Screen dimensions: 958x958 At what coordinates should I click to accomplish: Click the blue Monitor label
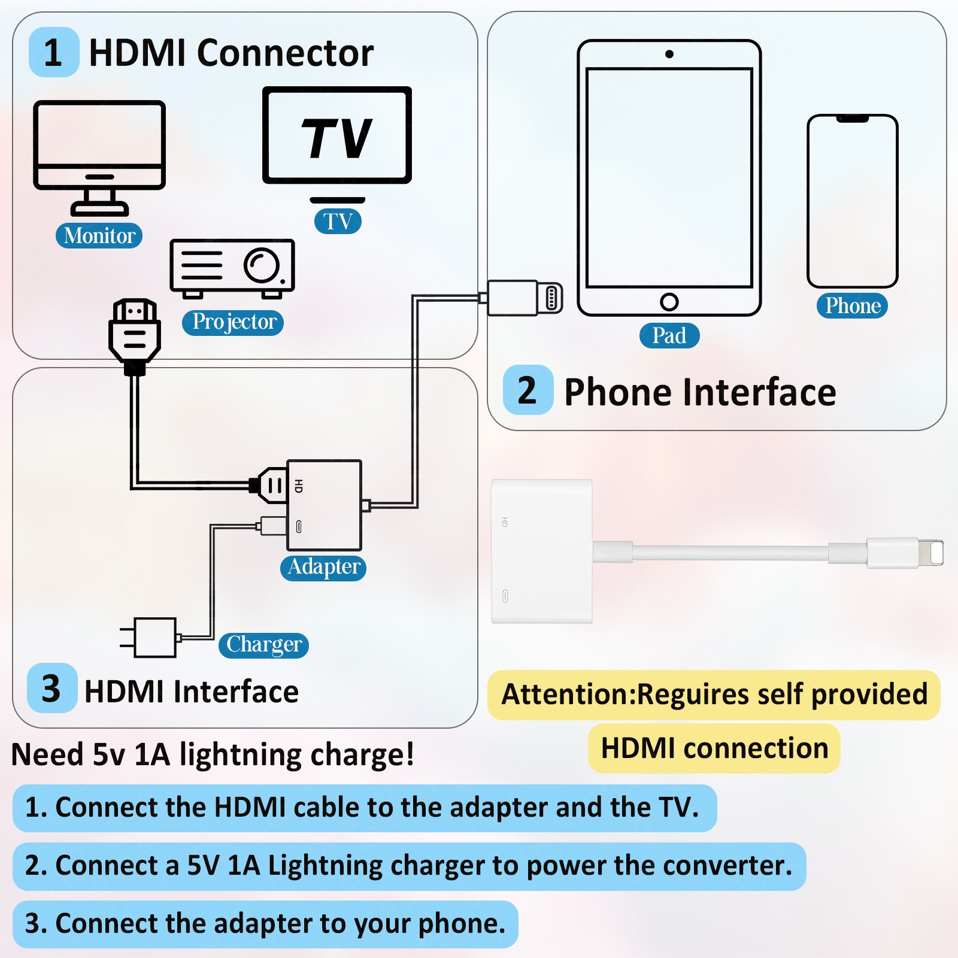pos(99,235)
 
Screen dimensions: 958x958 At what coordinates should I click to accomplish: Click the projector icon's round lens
pos(262,265)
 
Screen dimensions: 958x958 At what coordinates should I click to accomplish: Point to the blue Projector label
pos(233,322)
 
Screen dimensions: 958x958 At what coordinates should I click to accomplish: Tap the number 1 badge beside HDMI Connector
pos(54,52)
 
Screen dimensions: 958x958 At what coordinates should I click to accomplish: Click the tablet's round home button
pos(669,302)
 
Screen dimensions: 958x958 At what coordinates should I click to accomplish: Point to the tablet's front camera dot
pos(669,54)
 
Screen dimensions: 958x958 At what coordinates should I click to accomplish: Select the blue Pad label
pos(669,335)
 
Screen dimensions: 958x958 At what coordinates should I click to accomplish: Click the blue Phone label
pos(853,305)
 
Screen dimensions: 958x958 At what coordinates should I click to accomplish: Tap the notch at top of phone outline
pos(853,119)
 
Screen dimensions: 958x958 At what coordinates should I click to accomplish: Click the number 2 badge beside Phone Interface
pos(528,390)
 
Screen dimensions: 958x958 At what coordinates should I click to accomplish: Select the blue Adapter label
pos(323,567)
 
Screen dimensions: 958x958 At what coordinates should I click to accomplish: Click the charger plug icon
pos(149,637)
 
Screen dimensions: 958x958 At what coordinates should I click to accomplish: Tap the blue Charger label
pos(263,645)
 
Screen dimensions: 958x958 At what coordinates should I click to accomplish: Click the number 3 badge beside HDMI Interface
pos(52,688)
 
